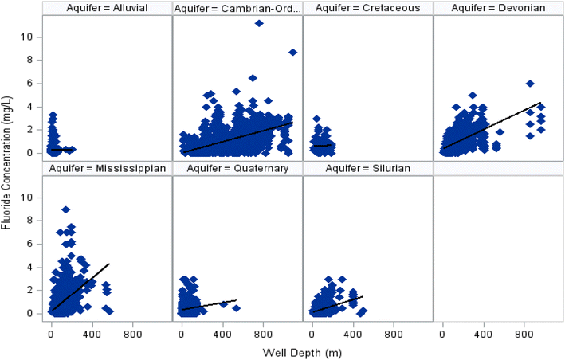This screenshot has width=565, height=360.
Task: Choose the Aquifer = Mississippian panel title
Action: point(108,168)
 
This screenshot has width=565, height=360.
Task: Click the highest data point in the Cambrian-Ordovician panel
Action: point(259,23)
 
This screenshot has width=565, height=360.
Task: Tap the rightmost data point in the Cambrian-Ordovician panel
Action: point(292,52)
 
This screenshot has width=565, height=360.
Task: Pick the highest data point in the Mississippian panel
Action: point(65,209)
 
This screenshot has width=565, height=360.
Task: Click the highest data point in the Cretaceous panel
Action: point(316,119)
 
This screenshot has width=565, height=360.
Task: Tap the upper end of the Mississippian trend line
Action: point(108,264)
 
